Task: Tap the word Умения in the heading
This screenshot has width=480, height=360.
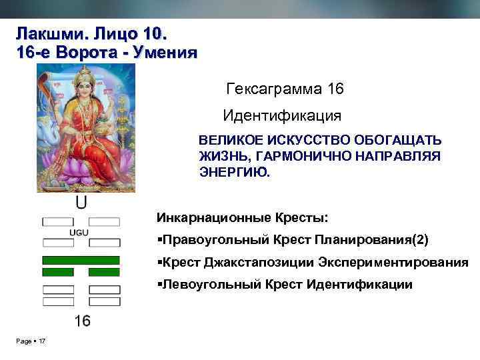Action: (164, 53)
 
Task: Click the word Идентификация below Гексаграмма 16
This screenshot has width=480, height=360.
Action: (282, 115)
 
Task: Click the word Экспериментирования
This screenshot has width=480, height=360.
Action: (393, 262)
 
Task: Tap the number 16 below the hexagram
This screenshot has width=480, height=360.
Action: (82, 321)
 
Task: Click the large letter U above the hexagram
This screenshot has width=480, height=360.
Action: (81, 202)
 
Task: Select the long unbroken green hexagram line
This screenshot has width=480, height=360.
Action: (81, 259)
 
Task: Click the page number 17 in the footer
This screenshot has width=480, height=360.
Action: (42, 342)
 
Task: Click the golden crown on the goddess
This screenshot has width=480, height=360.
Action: (84, 74)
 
